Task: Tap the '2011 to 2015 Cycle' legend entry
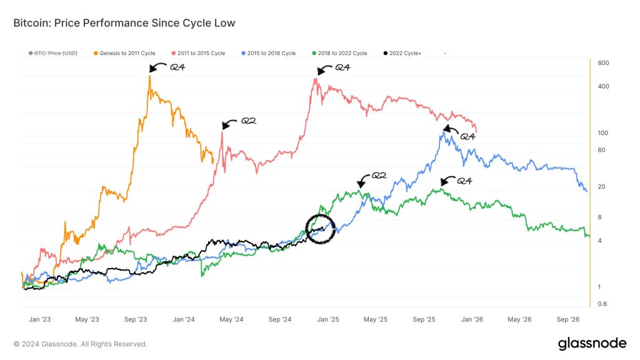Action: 197,53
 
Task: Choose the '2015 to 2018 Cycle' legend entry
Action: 268,53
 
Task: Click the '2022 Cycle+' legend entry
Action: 402,53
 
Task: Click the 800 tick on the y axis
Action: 603,63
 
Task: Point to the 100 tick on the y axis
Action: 603,133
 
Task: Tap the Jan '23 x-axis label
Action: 40,319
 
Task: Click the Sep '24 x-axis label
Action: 280,319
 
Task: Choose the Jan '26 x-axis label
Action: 472,319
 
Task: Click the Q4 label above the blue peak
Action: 467,136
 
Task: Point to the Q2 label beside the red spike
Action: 249,121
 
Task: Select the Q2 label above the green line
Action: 379,176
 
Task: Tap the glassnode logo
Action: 591,343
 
